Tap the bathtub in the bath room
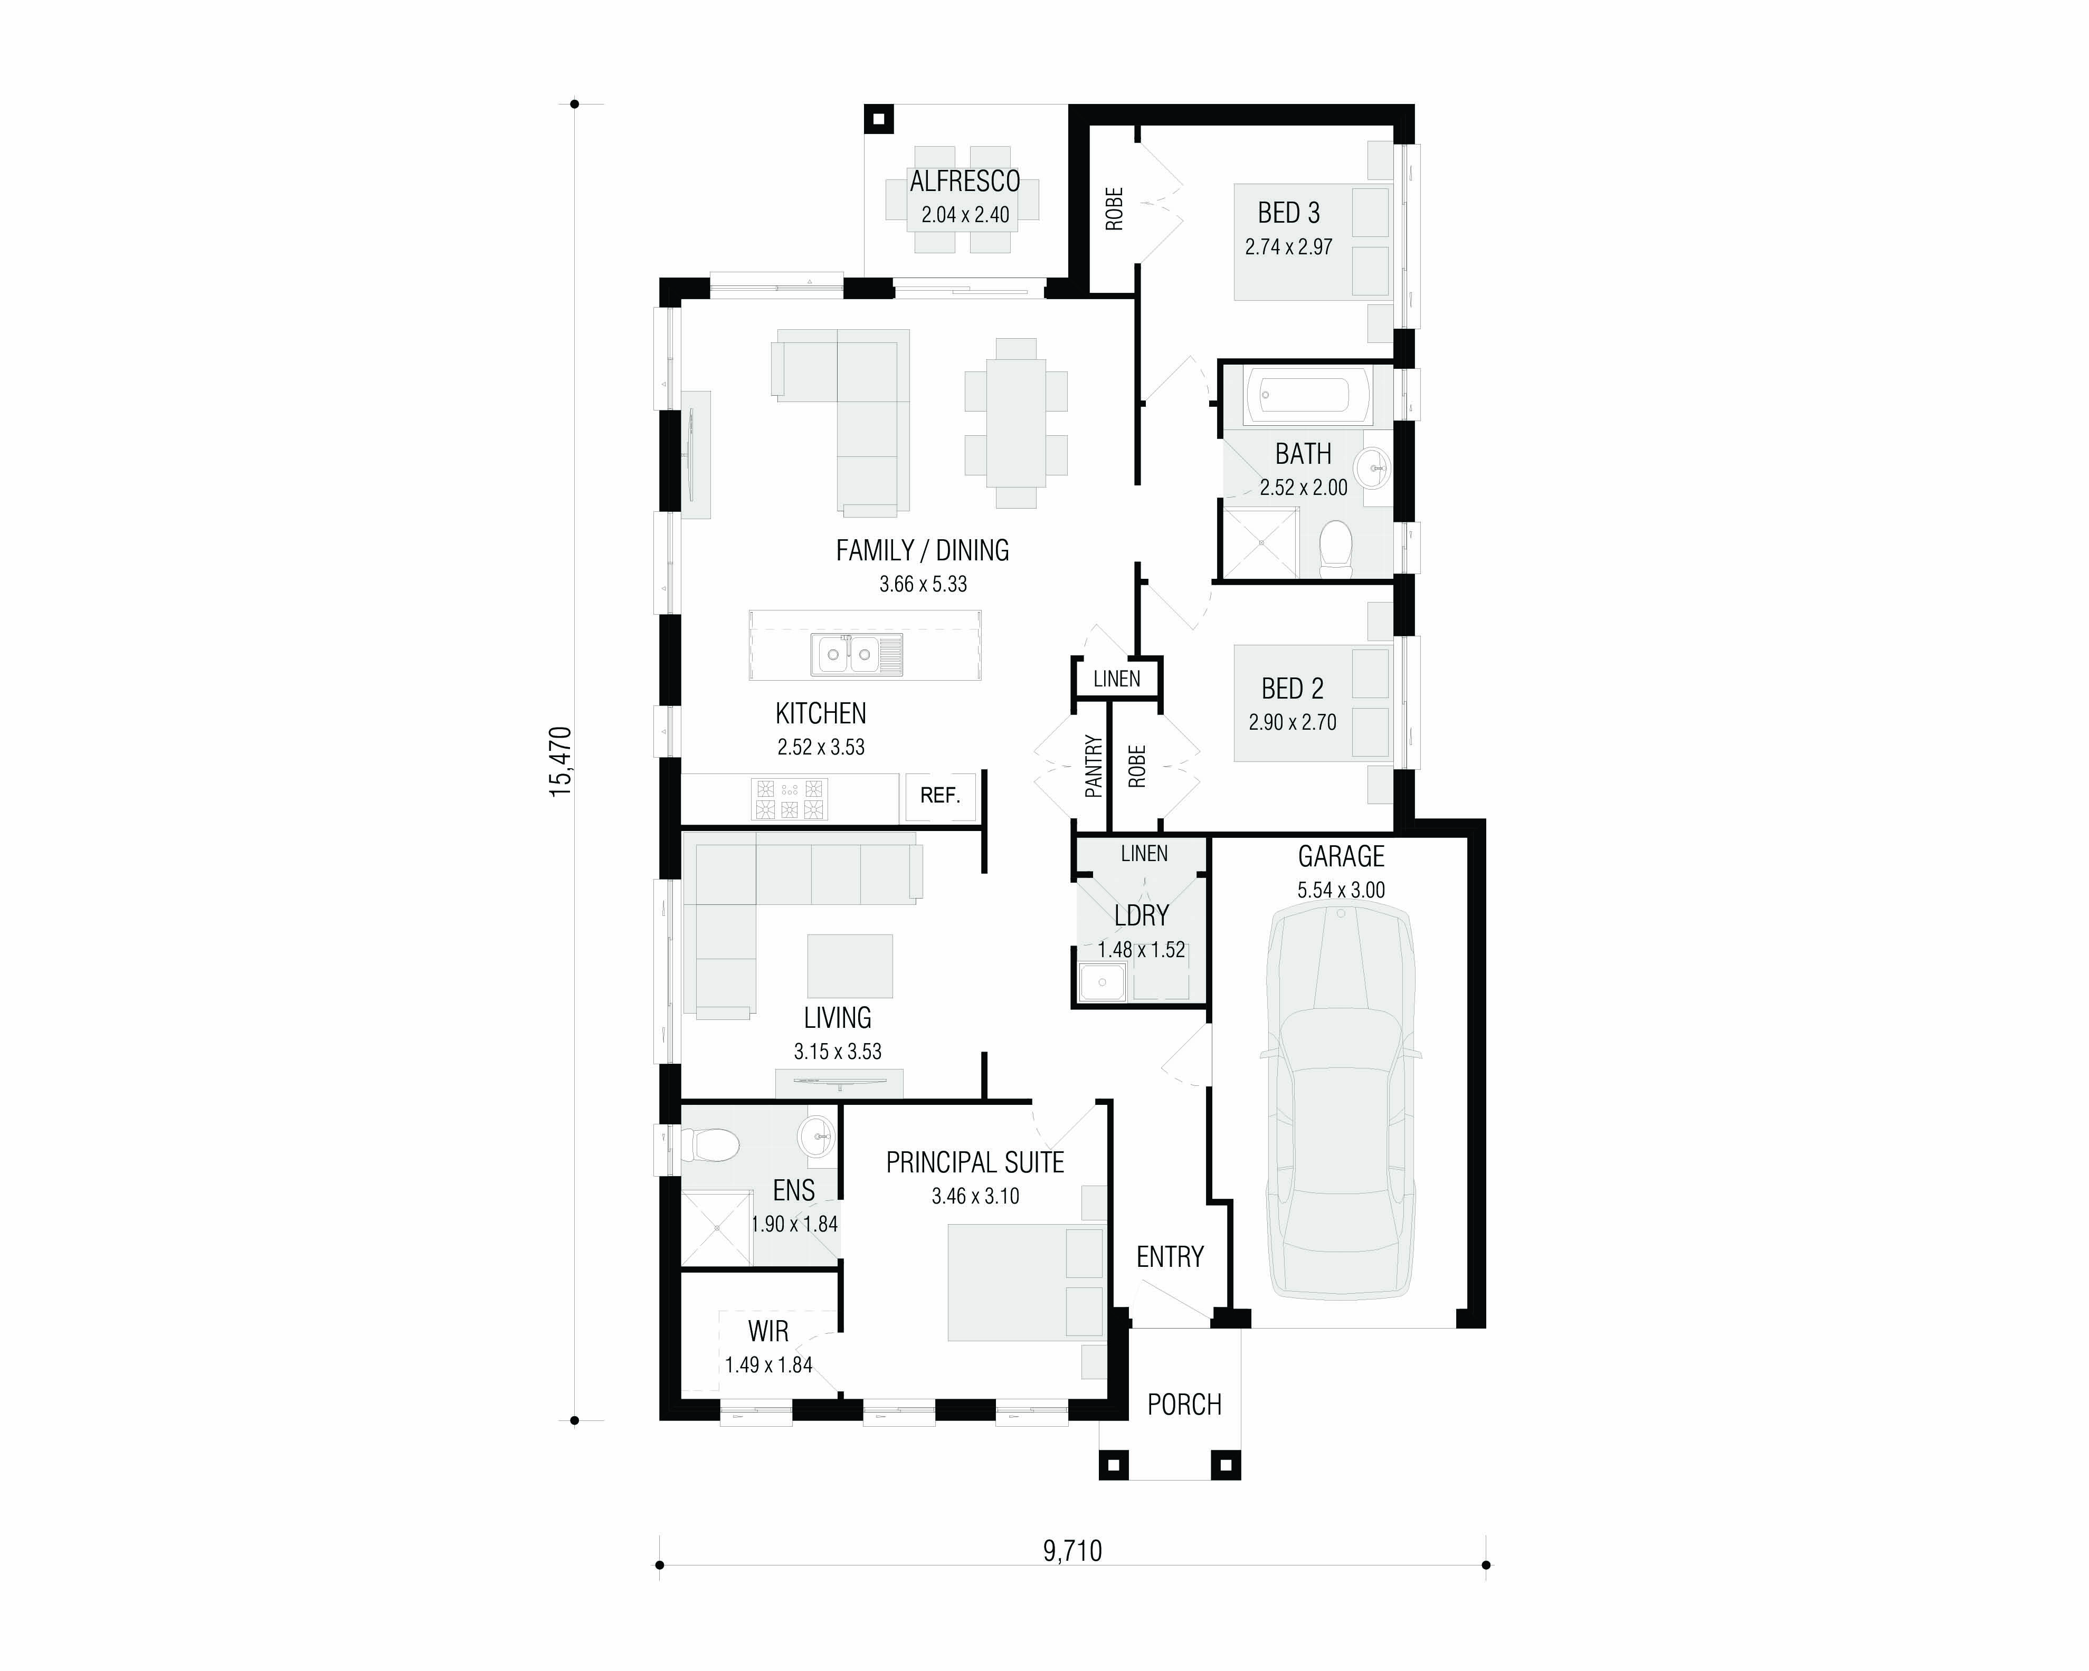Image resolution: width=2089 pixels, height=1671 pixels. click(x=1308, y=395)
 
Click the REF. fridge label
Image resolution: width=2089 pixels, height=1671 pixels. click(x=940, y=795)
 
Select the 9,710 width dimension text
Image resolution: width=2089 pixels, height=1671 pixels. click(x=1072, y=1550)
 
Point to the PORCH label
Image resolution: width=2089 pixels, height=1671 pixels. click(x=1184, y=1405)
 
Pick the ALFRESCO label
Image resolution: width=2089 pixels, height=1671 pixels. click(x=964, y=181)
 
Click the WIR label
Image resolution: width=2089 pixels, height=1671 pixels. click(x=768, y=1331)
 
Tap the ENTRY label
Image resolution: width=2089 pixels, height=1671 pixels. click(x=1170, y=1256)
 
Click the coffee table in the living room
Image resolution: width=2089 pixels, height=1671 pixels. click(x=850, y=966)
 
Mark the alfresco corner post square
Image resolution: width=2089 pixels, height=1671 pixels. click(x=878, y=119)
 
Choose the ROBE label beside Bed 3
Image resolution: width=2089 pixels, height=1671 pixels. click(x=1114, y=208)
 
